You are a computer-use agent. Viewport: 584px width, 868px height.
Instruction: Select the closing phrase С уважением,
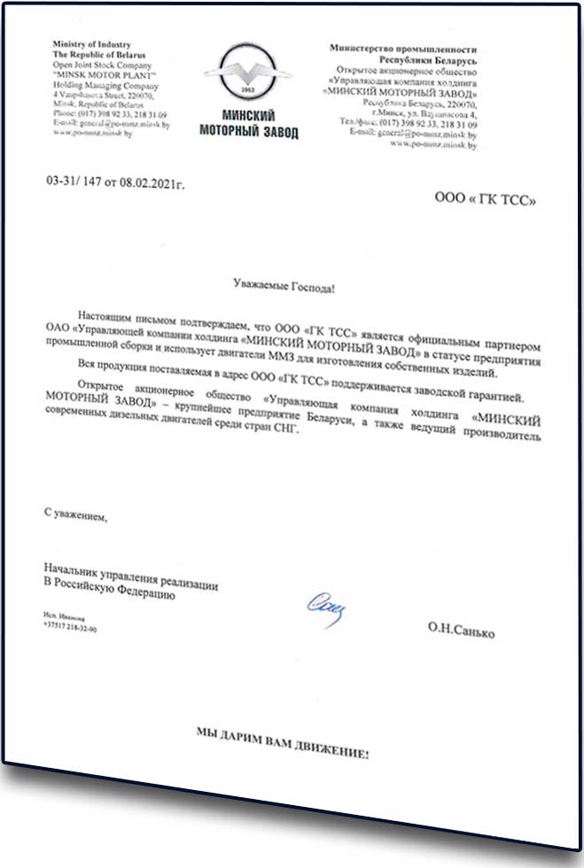(x=75, y=513)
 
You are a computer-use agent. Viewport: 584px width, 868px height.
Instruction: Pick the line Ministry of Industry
(x=93, y=45)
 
